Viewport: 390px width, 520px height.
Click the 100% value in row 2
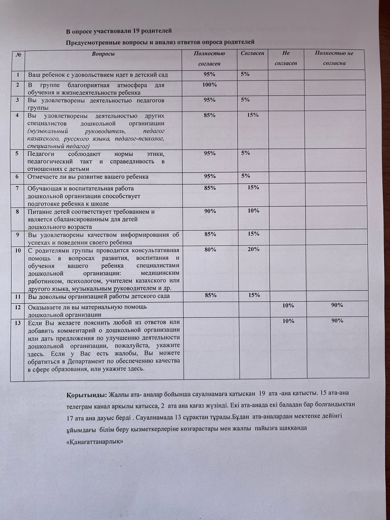(210, 85)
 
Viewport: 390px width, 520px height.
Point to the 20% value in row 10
(253, 249)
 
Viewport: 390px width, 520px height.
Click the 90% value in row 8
(210, 211)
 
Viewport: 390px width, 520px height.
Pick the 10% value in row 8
(253, 211)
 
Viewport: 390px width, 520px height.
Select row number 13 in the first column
(18, 323)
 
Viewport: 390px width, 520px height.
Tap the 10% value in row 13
(288, 321)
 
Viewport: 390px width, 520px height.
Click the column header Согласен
(253, 53)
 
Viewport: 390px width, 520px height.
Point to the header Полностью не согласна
(334, 58)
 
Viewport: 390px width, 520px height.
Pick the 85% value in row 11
(211, 295)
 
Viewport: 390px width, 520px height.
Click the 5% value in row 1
(245, 74)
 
